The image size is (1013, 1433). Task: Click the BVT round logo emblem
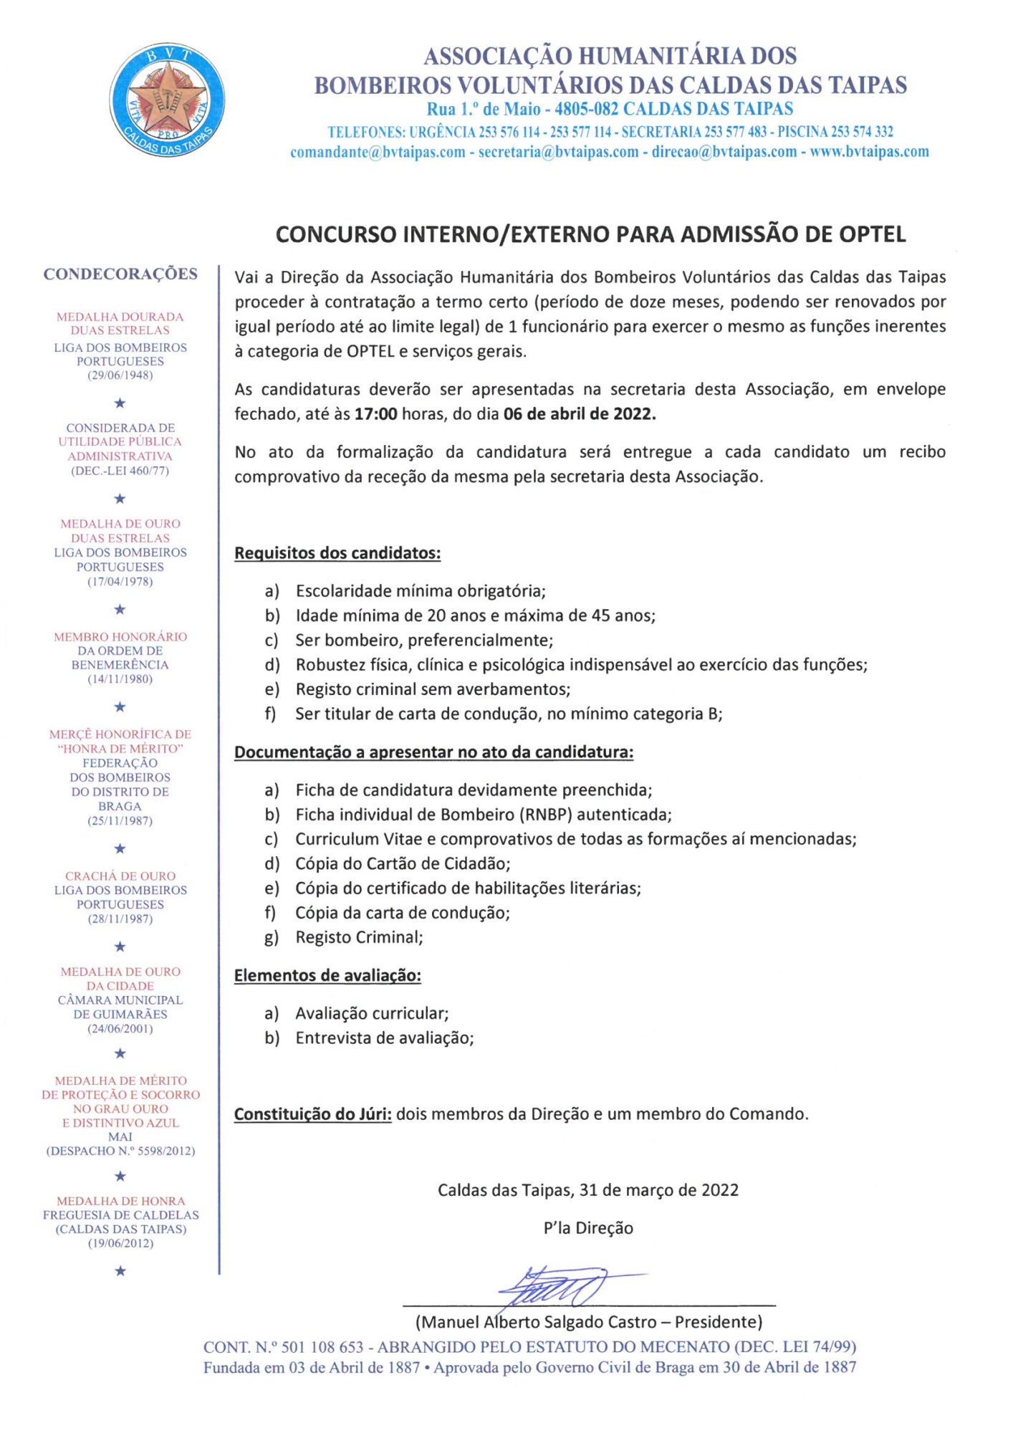coord(167,100)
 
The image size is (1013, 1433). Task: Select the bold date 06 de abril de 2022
coord(579,414)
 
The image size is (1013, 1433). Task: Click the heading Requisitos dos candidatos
coord(337,553)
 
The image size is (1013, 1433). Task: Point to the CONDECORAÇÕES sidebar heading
coord(120,274)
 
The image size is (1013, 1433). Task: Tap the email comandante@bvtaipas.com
coord(378,152)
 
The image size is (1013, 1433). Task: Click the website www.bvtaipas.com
coord(869,152)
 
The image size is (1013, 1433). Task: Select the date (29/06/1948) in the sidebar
coord(120,375)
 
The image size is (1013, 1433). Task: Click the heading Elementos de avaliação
coord(327,975)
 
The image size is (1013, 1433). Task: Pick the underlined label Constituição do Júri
coord(312,1114)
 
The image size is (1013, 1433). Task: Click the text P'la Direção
coord(588,1228)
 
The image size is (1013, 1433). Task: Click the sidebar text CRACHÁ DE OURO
coord(120,876)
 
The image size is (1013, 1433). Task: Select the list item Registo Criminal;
coord(359,937)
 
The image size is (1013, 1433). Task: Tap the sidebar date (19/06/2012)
coord(120,1244)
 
